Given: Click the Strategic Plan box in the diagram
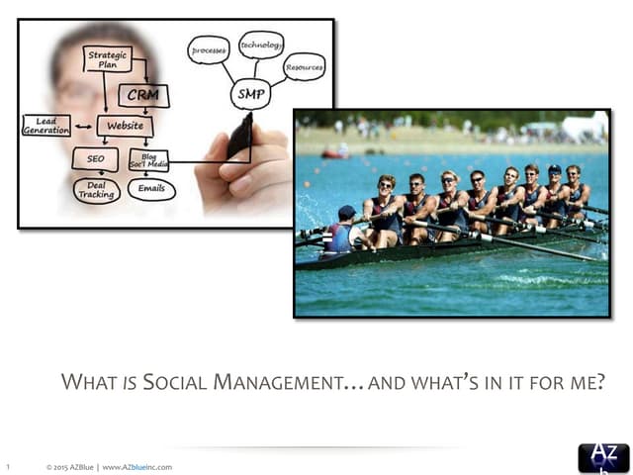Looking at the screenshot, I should (107, 59).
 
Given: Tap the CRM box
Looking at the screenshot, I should (142, 95).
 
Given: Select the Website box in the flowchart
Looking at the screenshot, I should (125, 126).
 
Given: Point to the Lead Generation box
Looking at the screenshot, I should (46, 126).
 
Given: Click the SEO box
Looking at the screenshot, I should (95, 158).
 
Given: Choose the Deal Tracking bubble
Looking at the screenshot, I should (96, 190).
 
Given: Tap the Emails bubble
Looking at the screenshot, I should (151, 188).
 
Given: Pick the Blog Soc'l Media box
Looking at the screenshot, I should (149, 158).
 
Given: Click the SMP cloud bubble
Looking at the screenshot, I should (249, 95).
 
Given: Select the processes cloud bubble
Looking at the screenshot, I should (209, 49).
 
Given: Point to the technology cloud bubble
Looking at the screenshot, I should (261, 45).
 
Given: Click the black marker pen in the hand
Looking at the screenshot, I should (240, 137).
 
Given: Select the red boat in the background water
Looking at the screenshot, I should (336, 152).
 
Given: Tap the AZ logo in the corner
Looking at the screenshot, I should (602, 457).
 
